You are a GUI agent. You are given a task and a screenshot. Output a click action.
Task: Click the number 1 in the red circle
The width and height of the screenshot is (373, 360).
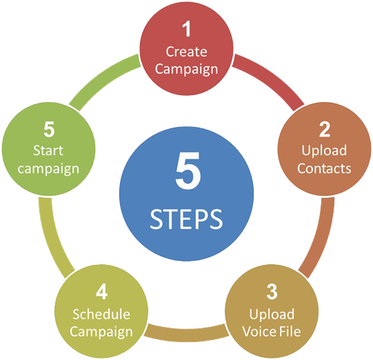point(187,29)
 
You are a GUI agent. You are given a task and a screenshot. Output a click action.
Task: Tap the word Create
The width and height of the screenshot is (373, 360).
point(186,52)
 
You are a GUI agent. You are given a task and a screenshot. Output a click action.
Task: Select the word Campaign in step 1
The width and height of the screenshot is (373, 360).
point(186,70)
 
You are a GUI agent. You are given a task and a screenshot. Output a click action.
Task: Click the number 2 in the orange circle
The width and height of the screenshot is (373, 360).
point(325,130)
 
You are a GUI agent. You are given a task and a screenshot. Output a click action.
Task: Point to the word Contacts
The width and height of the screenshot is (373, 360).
point(324,168)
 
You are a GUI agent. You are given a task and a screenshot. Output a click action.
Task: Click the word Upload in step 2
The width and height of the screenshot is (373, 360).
point(324,151)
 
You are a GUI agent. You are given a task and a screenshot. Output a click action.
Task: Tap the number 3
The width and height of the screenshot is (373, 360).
point(272,292)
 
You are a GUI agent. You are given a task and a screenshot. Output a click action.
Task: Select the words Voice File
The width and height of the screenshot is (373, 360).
point(272,332)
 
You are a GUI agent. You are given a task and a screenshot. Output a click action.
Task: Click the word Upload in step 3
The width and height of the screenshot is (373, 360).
point(272,314)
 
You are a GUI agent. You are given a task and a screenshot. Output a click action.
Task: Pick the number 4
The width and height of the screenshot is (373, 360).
point(102,292)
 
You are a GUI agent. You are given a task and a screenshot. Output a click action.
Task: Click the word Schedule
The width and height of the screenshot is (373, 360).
point(101,314)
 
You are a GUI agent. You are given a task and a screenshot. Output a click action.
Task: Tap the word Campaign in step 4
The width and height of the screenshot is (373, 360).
point(101,332)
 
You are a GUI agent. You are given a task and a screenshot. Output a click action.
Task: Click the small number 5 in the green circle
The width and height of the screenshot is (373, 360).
point(49,130)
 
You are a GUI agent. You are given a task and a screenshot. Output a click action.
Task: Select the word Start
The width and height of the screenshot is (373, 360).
point(48,150)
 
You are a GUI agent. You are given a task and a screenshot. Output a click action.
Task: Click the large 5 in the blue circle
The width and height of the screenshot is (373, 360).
point(188,170)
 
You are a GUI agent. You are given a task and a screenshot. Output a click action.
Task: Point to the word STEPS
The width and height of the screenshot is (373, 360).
point(186,219)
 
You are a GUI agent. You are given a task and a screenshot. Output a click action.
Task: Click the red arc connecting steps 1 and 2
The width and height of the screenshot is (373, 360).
point(271,77)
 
